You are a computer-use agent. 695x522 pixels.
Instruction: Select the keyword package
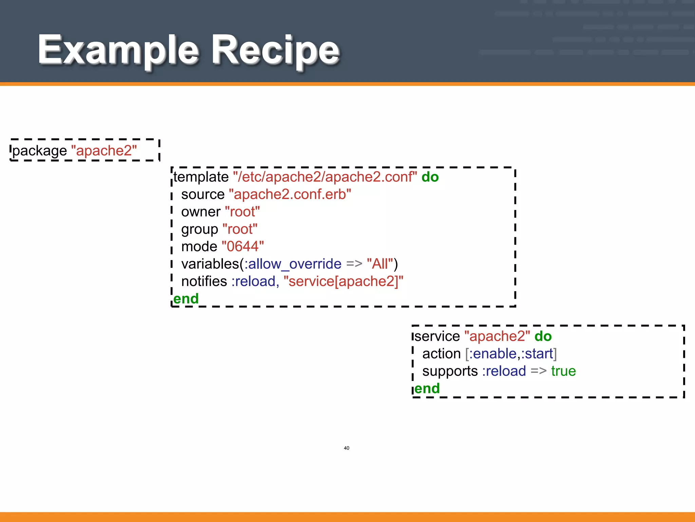pyautogui.click(x=40, y=151)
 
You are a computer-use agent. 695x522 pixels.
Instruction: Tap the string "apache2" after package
pyautogui.click(x=104, y=151)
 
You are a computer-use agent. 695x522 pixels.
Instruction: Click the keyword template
pyautogui.click(x=201, y=177)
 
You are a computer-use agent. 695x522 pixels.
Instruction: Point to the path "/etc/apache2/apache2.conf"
pyautogui.click(x=325, y=177)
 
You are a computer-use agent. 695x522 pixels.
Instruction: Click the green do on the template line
pyautogui.click(x=430, y=177)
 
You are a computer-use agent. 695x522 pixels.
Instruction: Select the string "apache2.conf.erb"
pyautogui.click(x=290, y=194)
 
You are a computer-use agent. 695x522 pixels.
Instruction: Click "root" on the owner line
pyautogui.click(x=242, y=212)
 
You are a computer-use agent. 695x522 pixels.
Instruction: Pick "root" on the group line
pyautogui.click(x=240, y=229)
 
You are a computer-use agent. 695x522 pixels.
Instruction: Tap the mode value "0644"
pyautogui.click(x=243, y=246)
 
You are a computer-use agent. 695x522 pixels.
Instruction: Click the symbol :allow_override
pyautogui.click(x=293, y=264)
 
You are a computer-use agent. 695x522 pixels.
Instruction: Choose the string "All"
pyautogui.click(x=380, y=264)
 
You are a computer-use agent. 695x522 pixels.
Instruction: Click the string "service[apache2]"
pyautogui.click(x=343, y=281)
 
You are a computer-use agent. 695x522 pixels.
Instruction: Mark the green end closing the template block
pyautogui.click(x=186, y=299)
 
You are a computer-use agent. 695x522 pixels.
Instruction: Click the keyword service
pyautogui.click(x=437, y=336)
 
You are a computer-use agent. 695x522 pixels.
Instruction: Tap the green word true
pyautogui.click(x=563, y=371)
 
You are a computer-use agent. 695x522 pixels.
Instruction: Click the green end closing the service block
pyautogui.click(x=427, y=388)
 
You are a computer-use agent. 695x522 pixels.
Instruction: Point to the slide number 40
pyautogui.click(x=346, y=448)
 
